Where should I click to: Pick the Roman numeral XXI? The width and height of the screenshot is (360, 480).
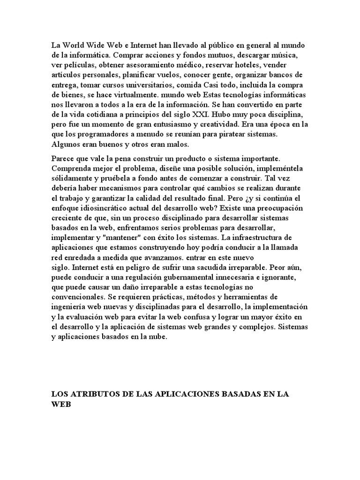click(219, 114)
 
